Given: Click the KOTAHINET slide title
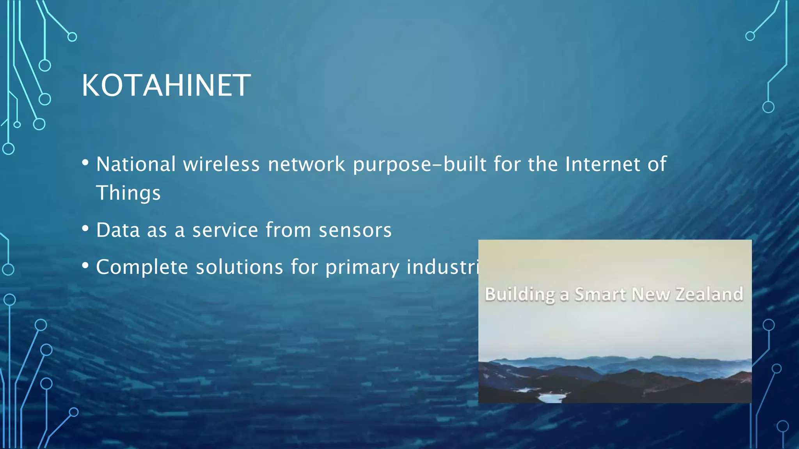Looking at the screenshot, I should (x=166, y=85).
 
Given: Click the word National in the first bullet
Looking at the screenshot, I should (x=136, y=164).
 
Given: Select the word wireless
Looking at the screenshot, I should (x=221, y=164).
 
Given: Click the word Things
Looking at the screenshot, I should (x=128, y=193).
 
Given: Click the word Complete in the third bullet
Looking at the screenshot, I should (x=142, y=267).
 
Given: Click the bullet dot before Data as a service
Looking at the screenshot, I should (x=85, y=229).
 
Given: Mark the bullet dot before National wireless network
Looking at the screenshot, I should (x=85, y=163).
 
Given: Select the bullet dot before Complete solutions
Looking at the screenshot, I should (x=85, y=266).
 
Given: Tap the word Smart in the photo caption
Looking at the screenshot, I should (x=600, y=294).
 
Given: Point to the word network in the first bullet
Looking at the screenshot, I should (x=306, y=164).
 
